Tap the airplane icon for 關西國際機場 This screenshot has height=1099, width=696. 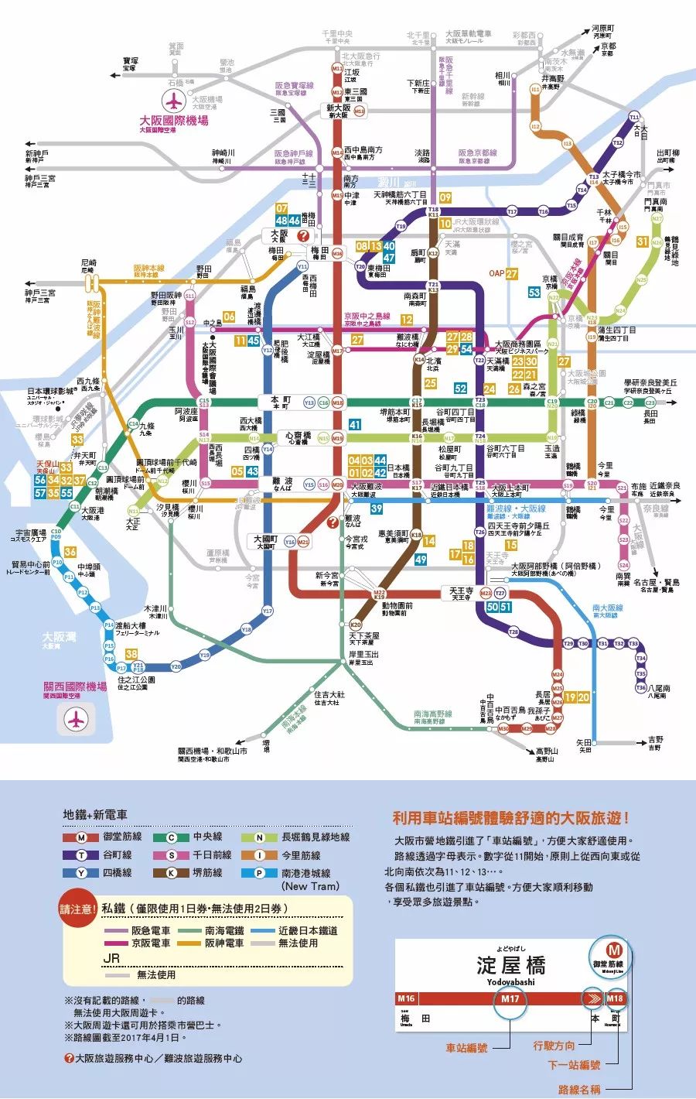(x=75, y=719)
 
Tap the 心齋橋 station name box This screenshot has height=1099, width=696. (x=298, y=437)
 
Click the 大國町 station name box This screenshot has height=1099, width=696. (x=265, y=540)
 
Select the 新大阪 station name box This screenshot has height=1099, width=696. (x=337, y=111)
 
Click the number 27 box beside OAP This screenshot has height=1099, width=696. (x=512, y=273)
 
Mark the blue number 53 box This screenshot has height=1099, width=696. (x=534, y=293)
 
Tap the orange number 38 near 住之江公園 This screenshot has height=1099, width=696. (x=131, y=654)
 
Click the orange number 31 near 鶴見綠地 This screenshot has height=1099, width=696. (x=642, y=241)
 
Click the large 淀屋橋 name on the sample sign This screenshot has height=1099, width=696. (x=510, y=964)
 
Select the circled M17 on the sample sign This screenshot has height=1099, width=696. (x=510, y=998)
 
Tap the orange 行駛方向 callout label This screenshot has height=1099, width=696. (x=554, y=1045)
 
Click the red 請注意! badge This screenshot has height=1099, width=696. (x=78, y=909)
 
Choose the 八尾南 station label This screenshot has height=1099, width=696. (x=660, y=690)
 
